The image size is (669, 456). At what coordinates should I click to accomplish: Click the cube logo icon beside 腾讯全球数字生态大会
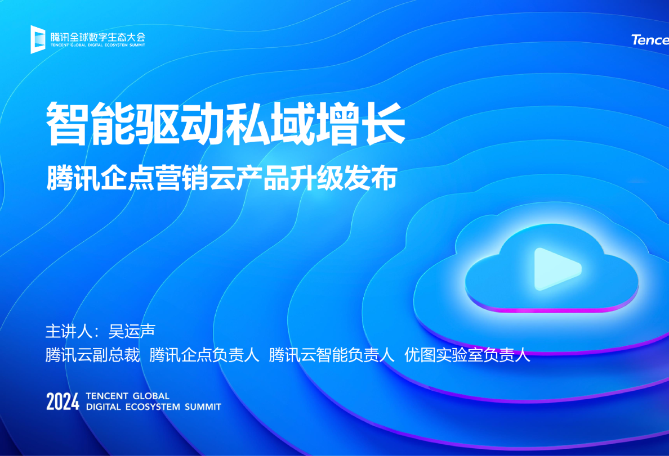click(x=38, y=39)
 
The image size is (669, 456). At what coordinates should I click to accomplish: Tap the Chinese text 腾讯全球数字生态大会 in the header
click(x=97, y=37)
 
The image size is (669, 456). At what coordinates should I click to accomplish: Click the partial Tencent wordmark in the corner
click(x=650, y=40)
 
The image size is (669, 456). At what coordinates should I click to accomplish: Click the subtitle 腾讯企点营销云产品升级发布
click(x=222, y=178)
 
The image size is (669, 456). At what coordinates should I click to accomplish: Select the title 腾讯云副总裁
click(x=92, y=355)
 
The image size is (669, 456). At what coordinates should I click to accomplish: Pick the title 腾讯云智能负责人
click(x=332, y=355)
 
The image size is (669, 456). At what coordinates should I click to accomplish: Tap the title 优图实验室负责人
click(x=467, y=355)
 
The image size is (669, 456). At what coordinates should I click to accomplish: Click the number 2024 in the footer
click(x=63, y=401)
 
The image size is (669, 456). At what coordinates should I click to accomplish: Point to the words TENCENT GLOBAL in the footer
click(x=128, y=396)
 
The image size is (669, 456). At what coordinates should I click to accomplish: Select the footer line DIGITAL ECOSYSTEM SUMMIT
click(x=154, y=407)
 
